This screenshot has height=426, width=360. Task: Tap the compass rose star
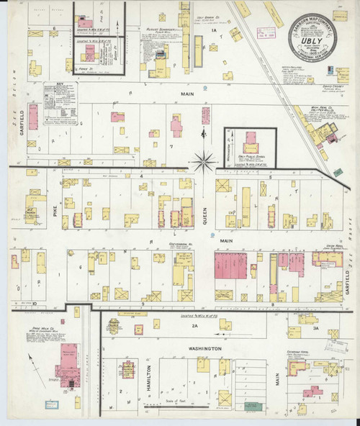pyautogui.click(x=203, y=161)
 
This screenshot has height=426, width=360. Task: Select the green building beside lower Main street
pyautogui.click(x=337, y=173)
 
